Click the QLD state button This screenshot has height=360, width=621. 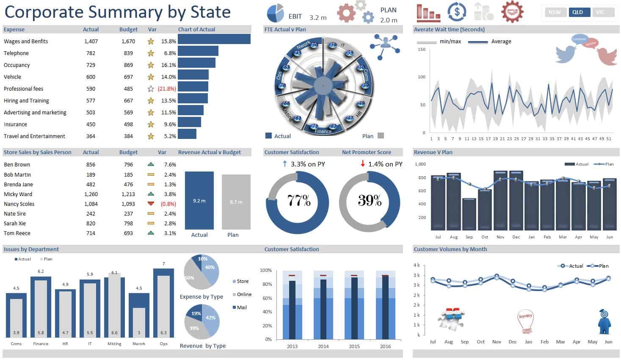point(577,12)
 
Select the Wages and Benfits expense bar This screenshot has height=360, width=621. point(214,39)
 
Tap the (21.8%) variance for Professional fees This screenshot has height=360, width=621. point(166,89)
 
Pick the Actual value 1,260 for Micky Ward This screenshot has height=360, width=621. point(91,194)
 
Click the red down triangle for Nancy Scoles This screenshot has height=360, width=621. point(151,204)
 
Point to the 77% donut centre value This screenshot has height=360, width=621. point(299,201)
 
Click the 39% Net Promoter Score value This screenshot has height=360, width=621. point(370,201)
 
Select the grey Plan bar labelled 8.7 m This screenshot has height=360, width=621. point(236,202)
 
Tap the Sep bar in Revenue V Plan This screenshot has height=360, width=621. point(469,214)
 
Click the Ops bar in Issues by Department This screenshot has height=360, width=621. point(163,303)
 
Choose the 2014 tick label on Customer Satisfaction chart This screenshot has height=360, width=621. point(323,346)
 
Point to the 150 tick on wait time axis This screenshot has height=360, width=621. point(421,50)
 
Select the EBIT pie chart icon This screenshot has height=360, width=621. point(275,14)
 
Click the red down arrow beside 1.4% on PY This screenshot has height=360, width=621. point(363,163)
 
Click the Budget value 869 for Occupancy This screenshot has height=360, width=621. point(128,65)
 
